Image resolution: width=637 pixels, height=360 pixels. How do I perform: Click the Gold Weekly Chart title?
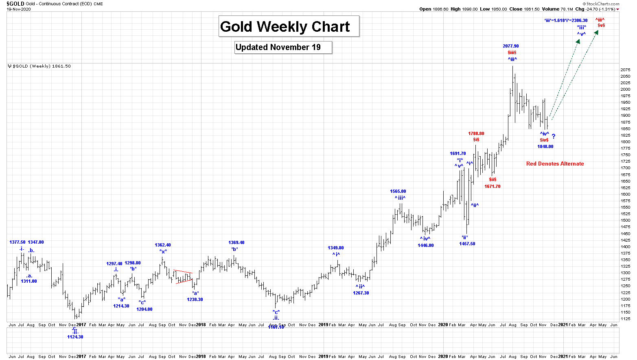[285, 27]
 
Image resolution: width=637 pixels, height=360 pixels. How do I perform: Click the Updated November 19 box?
[278, 47]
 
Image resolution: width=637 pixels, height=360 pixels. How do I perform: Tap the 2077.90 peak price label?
[511, 46]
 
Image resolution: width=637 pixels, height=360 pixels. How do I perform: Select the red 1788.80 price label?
[476, 133]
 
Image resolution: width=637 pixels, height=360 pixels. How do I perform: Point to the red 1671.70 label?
[493, 186]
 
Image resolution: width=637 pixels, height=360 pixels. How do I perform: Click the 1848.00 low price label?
[545, 146]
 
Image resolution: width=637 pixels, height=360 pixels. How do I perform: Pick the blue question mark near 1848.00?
[554, 137]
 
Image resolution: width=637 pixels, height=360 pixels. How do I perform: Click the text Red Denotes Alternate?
[555, 164]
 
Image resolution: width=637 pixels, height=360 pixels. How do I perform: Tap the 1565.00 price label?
[398, 191]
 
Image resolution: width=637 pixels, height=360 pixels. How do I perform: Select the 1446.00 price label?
[426, 245]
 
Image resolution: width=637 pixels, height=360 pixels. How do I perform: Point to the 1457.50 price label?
[467, 244]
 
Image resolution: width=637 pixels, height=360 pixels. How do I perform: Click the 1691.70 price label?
[458, 154]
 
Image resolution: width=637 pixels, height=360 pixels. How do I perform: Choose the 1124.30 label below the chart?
[75, 337]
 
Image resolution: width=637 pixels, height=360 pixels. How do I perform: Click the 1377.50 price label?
[18, 242]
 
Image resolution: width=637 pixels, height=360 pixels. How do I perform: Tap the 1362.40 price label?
[163, 245]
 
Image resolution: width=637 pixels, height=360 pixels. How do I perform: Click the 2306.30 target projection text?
[566, 20]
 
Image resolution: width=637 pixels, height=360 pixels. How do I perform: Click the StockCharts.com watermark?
[603, 4]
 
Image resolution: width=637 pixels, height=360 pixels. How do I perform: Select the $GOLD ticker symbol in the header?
[15, 4]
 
